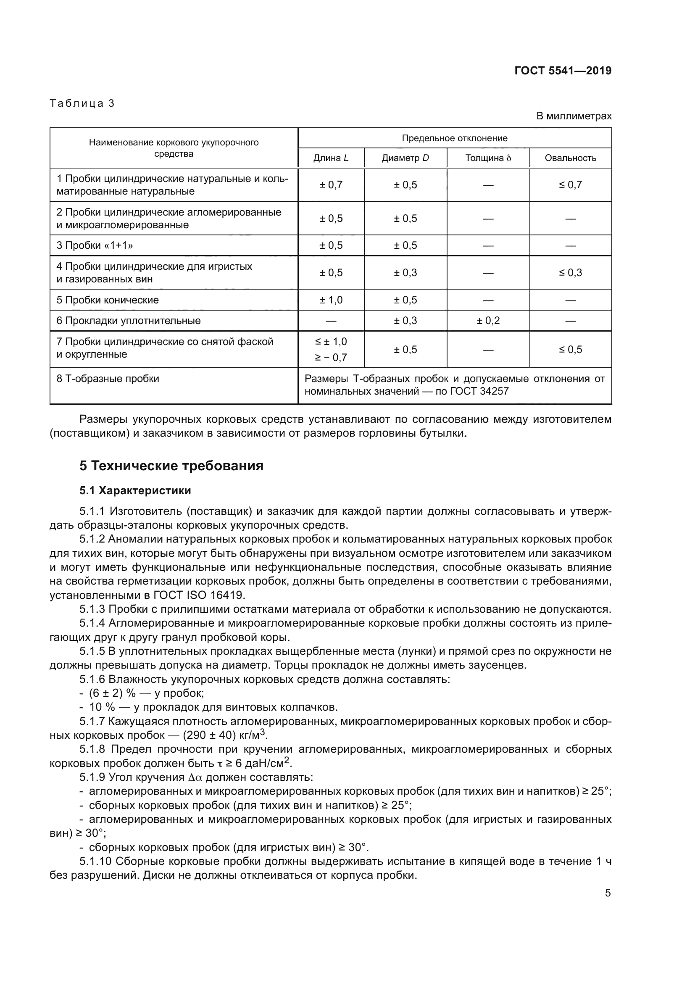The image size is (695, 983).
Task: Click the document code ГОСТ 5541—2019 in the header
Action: tap(563, 71)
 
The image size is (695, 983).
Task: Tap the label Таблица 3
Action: tap(82, 103)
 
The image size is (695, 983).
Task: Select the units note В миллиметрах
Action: tap(574, 116)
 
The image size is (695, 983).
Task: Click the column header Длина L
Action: tap(331, 158)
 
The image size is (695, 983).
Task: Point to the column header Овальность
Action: tap(570, 158)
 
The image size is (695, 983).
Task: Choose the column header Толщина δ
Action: tap(488, 158)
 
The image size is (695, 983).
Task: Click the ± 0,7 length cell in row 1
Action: tap(331, 185)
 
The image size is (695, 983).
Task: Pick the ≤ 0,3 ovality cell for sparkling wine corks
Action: tap(570, 273)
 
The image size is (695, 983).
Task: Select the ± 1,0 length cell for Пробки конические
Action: tap(331, 300)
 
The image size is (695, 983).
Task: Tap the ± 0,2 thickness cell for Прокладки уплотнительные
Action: tap(488, 321)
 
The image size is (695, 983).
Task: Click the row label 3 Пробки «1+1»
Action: tap(95, 245)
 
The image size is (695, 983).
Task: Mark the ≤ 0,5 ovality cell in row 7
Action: tap(570, 349)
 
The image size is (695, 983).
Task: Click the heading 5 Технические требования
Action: tap(171, 465)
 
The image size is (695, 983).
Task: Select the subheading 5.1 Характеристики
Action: tap(135, 490)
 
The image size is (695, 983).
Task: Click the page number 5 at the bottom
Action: tap(608, 893)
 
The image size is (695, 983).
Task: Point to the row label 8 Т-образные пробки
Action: tap(108, 379)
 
